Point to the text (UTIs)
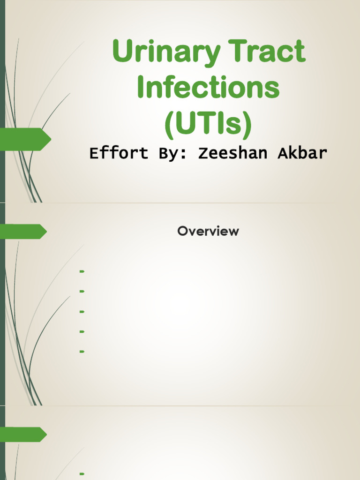208,123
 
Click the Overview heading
208,231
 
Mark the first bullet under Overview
82,271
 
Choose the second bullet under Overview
82,292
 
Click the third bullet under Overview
82,311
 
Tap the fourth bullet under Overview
82,331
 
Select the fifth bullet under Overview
82,351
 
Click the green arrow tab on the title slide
26,139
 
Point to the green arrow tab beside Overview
23,232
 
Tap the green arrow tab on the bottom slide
23,435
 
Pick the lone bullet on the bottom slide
82,474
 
